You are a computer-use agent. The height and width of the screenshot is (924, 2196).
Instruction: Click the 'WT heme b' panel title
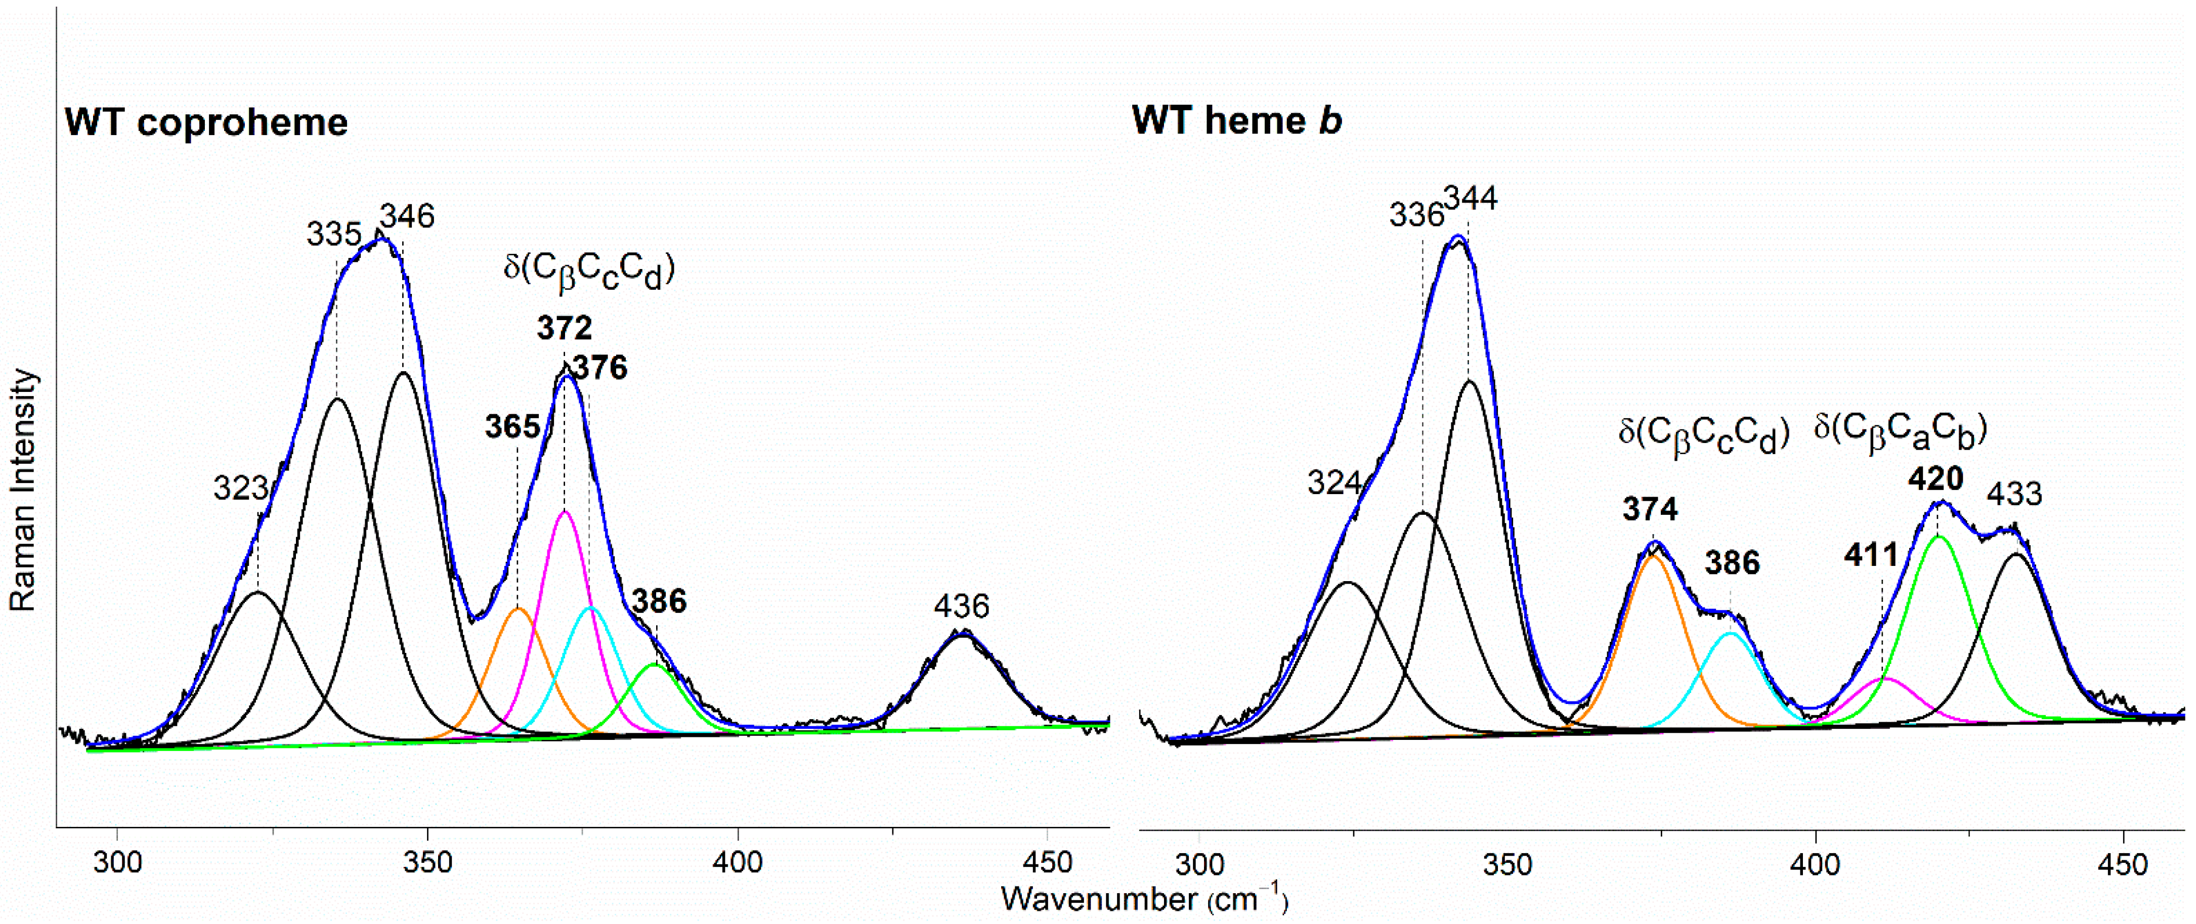click(x=1236, y=121)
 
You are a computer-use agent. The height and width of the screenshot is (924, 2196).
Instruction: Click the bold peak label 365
click(x=512, y=426)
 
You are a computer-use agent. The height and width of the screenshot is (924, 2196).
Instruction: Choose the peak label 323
click(x=240, y=489)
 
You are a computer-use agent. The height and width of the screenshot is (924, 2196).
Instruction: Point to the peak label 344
click(x=1471, y=199)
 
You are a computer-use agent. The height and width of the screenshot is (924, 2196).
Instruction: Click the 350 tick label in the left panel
click(x=427, y=863)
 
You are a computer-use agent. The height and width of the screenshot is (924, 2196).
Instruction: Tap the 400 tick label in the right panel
click(x=1815, y=864)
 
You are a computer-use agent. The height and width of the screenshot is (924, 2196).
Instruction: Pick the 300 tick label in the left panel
click(x=118, y=863)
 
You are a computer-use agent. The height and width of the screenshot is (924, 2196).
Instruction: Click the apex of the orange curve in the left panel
click(x=519, y=608)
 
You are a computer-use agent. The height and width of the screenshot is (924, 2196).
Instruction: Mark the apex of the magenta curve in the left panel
click(x=565, y=511)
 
